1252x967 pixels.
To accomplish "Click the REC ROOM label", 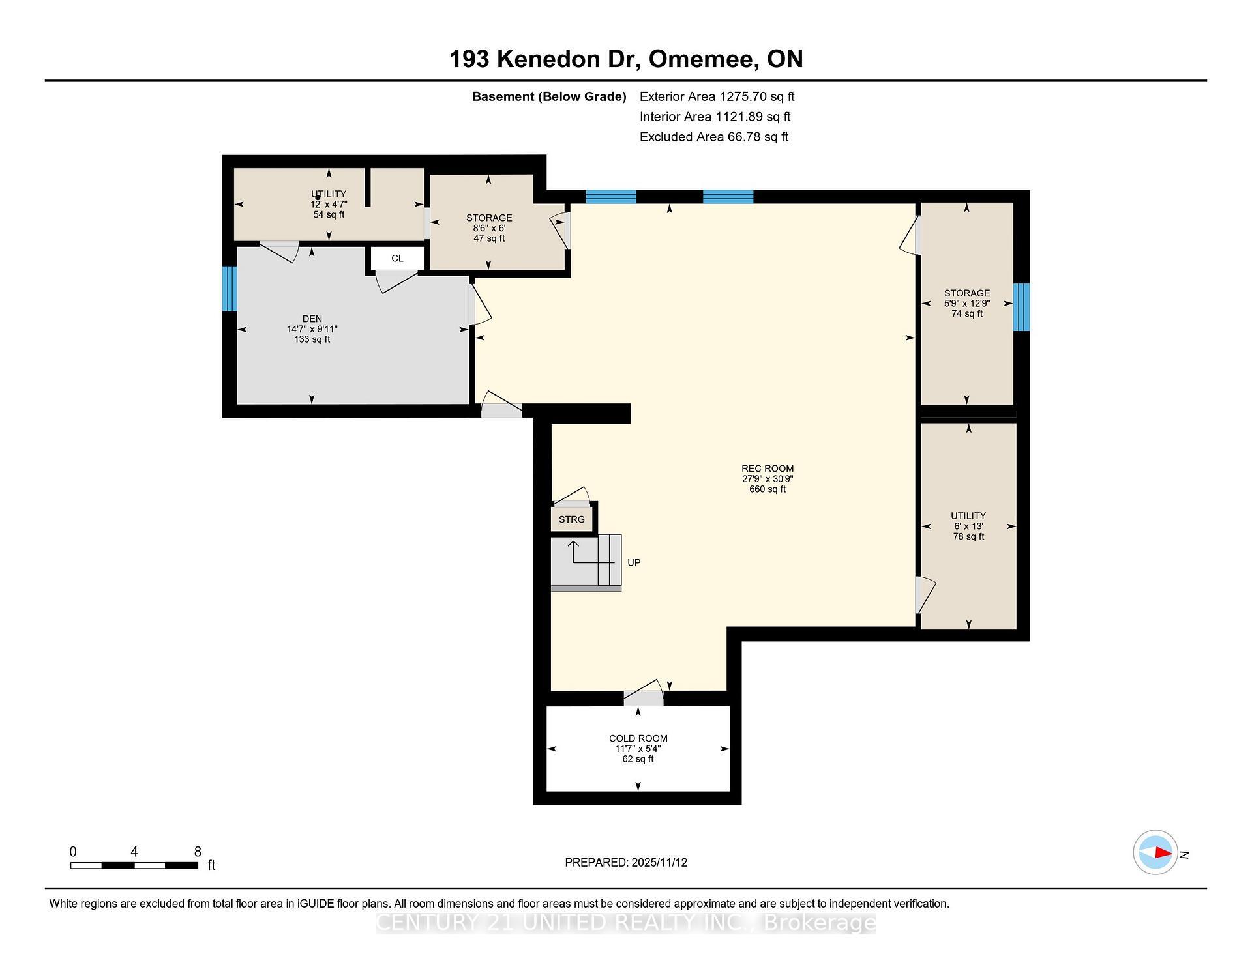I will pyautogui.click(x=767, y=469).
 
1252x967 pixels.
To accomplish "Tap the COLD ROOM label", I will pyautogui.click(x=638, y=738).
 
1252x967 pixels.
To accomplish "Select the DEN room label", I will pyautogui.click(x=312, y=319).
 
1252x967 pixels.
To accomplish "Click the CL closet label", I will pyautogui.click(x=397, y=258).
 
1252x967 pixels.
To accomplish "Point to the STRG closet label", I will pyautogui.click(x=571, y=519).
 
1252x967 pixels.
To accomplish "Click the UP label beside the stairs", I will pyautogui.click(x=633, y=562).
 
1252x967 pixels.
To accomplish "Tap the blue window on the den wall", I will pyautogui.click(x=229, y=289).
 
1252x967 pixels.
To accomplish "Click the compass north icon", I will pyautogui.click(x=1155, y=852).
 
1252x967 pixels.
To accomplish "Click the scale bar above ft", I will pyautogui.click(x=134, y=865).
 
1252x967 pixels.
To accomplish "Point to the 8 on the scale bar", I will pyautogui.click(x=198, y=852).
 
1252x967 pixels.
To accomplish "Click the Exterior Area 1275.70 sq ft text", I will pyautogui.click(x=717, y=97).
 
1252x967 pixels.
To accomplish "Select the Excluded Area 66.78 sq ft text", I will pyautogui.click(x=713, y=137).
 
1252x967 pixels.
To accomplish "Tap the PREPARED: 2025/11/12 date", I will pyautogui.click(x=625, y=862).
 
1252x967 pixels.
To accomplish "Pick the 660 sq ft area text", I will pyautogui.click(x=767, y=489).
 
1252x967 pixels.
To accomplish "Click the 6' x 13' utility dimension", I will pyautogui.click(x=968, y=527).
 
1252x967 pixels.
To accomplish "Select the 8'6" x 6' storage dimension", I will pyautogui.click(x=489, y=228).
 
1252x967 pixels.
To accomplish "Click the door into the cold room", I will pyautogui.click(x=643, y=697).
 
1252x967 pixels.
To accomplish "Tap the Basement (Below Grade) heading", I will pyautogui.click(x=548, y=97).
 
